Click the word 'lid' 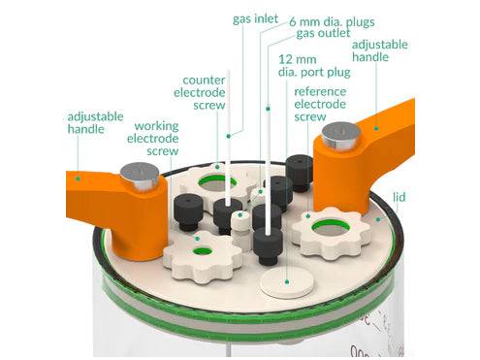pyautogui.click(x=400, y=196)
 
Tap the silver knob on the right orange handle pyautogui.click(x=336, y=134)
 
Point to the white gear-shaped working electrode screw pyautogui.click(x=201, y=254)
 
